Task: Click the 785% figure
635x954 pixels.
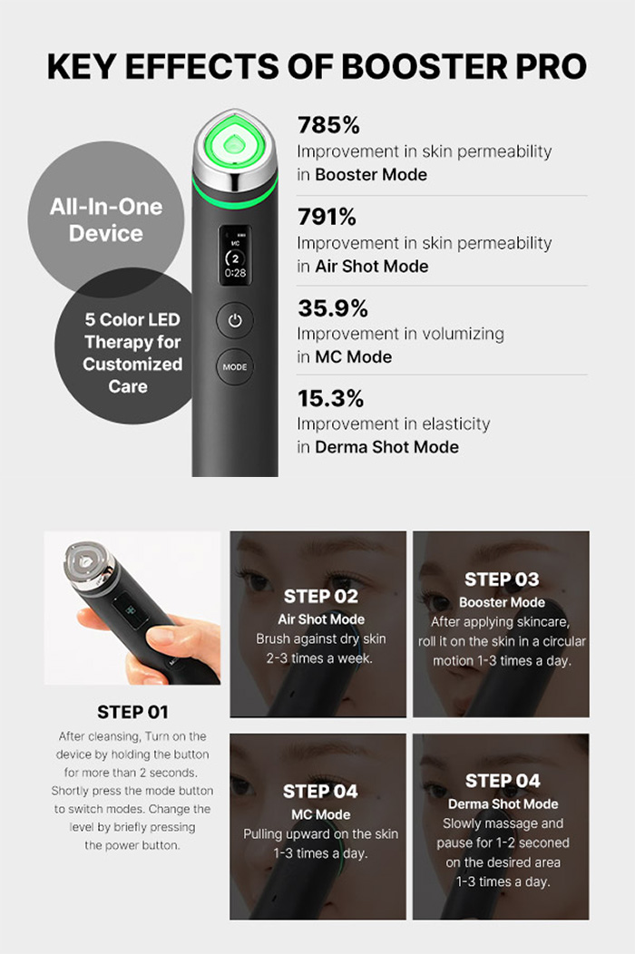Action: coord(328,125)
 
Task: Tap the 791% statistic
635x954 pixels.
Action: coord(327,217)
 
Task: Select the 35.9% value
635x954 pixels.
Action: coord(333,308)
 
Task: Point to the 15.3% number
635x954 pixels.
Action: coord(330,398)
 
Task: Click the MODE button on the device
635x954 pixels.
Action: coord(235,367)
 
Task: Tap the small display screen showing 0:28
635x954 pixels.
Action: coord(235,254)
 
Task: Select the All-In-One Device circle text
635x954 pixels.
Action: coord(106,219)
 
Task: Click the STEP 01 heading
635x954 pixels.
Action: coord(132,712)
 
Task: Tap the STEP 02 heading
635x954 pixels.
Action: coord(321,597)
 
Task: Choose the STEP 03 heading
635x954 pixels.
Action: coord(502,579)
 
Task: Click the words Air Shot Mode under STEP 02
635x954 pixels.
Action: coord(321,619)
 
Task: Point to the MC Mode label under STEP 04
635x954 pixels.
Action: coord(321,814)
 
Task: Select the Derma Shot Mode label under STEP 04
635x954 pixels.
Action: coord(503,804)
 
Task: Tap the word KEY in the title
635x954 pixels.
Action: coord(81,67)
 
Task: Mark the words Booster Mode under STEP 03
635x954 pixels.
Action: coord(502,603)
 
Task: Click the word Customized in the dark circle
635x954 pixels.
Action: coord(132,364)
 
